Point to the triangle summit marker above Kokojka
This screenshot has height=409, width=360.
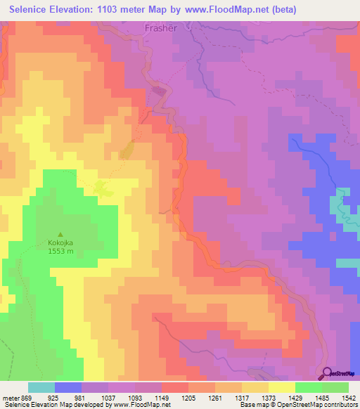coord(60,234)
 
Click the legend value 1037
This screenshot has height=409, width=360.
coord(109,397)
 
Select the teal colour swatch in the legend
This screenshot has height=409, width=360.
coord(41,387)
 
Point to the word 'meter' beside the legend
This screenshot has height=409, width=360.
coord(11,397)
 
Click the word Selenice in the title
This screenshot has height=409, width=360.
coord(33,10)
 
